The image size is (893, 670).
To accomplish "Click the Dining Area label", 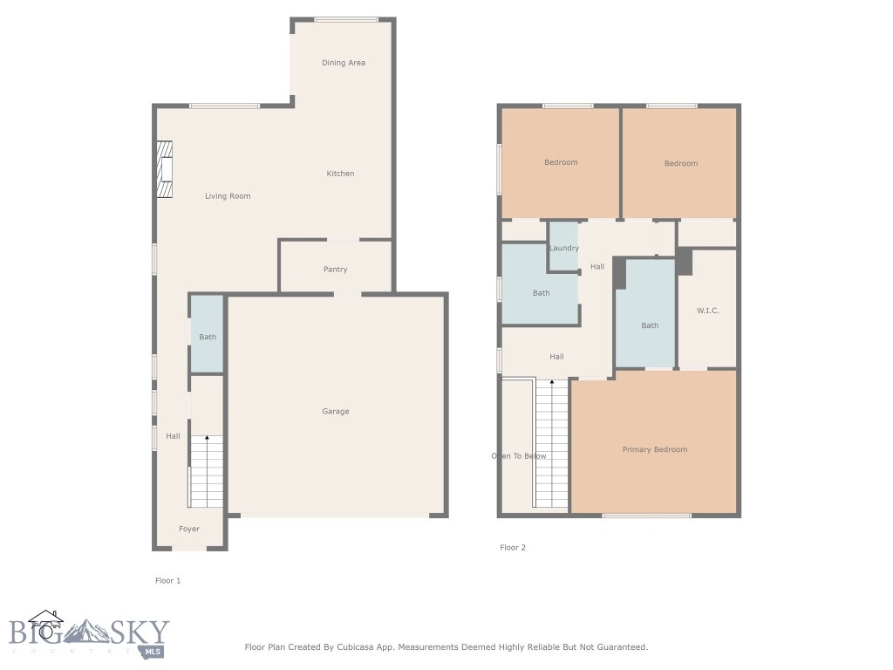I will click(x=343, y=63).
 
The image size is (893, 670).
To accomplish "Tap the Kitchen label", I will click(x=340, y=174).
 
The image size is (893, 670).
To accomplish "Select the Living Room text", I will click(x=228, y=196).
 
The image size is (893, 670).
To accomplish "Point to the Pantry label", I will click(x=335, y=270).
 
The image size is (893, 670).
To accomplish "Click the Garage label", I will click(x=335, y=412).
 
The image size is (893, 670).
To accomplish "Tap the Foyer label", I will click(x=189, y=529).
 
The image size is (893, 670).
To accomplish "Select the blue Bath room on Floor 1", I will click(x=207, y=334).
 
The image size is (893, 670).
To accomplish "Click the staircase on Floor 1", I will click(x=207, y=471).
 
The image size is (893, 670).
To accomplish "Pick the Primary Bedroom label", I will click(x=654, y=449).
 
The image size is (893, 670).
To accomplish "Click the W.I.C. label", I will click(x=707, y=311).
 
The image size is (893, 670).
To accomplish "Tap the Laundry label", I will click(x=564, y=249).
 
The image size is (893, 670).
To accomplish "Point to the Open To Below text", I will click(x=519, y=456).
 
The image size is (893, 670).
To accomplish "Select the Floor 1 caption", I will click(x=167, y=580).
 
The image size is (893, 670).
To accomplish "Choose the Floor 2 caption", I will click(x=513, y=548).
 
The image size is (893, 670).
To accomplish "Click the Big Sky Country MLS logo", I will click(x=89, y=633).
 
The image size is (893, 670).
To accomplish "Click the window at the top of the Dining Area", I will click(x=345, y=19).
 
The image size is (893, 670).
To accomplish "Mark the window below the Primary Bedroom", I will click(x=646, y=516).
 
